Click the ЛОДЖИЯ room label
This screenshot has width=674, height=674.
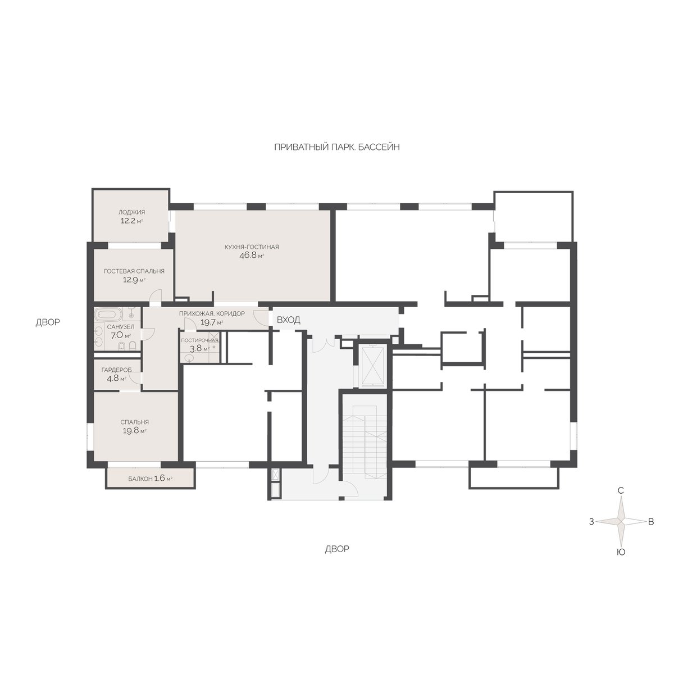[131, 212]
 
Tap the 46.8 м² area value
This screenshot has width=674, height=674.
[252, 256]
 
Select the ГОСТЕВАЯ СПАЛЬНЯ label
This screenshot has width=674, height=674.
[134, 271]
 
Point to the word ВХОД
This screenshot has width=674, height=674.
[289, 320]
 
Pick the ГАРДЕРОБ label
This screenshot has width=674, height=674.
[116, 370]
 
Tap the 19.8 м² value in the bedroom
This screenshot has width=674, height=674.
[134, 431]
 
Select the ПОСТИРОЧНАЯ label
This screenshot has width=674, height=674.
[200, 340]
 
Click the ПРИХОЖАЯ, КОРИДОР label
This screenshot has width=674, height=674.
[212, 313]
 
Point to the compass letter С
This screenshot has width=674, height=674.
[621, 490]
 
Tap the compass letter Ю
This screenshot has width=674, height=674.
[621, 552]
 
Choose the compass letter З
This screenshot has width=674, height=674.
[591, 522]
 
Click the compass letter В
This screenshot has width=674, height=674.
[651, 522]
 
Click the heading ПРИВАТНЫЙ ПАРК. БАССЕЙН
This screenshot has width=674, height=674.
[337, 147]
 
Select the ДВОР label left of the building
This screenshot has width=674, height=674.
[48, 322]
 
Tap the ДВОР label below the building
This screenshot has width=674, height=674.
[337, 549]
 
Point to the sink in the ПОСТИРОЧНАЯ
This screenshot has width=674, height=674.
[189, 358]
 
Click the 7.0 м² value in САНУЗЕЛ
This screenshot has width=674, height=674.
[121, 335]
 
